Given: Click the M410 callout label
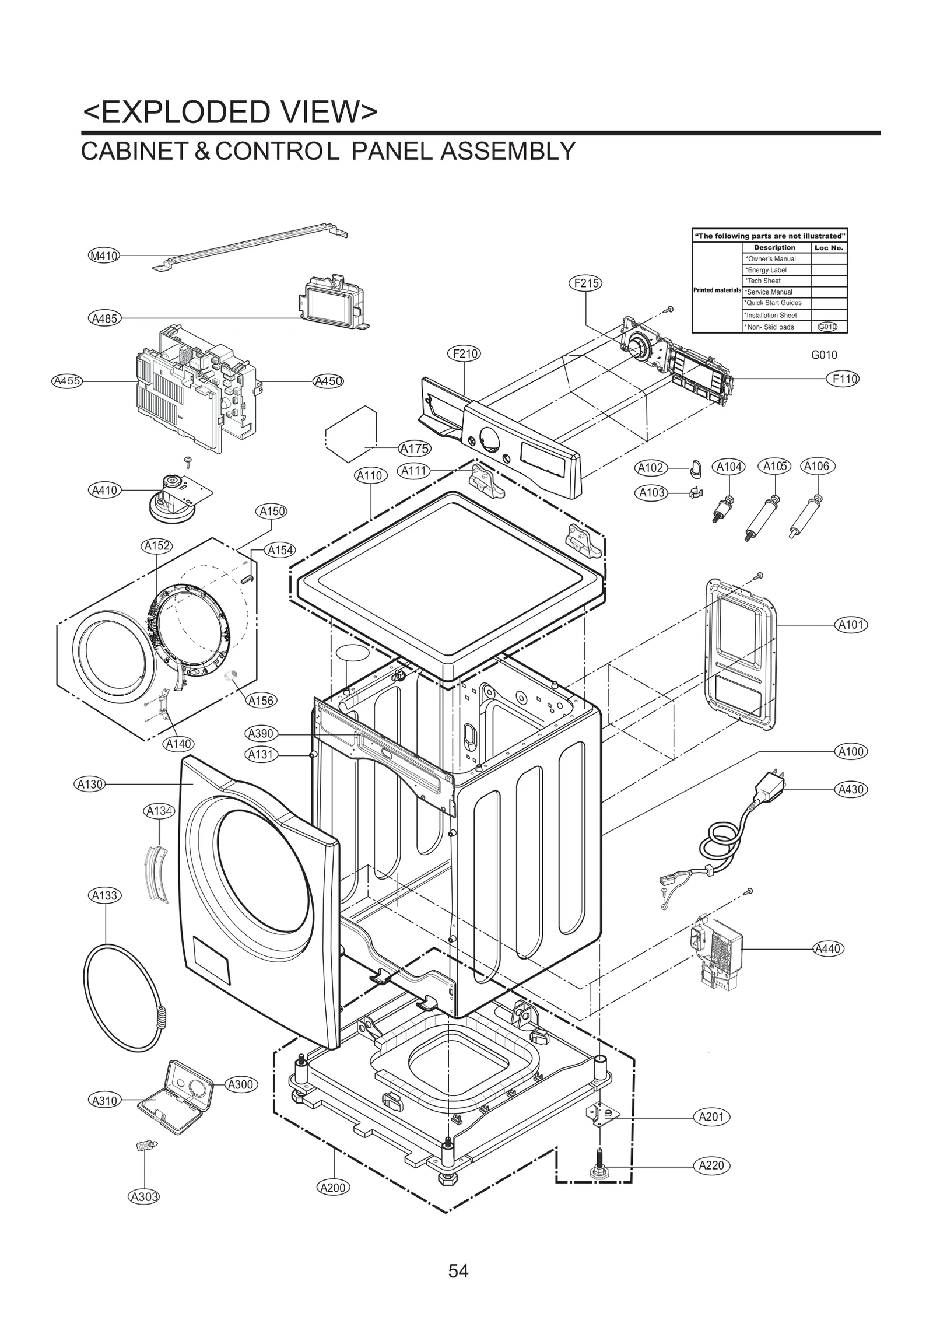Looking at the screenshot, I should point(104,255).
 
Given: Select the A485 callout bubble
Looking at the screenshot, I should point(105,318).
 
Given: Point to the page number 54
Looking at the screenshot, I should point(458,1254).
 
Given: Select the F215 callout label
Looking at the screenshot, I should point(584,283).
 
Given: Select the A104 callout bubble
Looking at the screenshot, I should point(729,467).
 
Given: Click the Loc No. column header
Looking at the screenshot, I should point(829,247).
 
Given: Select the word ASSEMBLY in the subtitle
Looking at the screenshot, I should point(507,152).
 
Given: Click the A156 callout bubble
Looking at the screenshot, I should point(261,701).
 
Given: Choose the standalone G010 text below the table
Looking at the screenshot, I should point(824,355).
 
